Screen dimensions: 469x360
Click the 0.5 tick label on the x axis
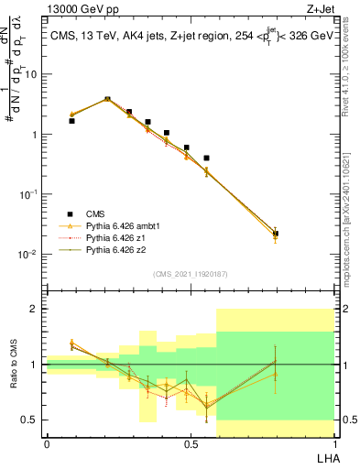click(191, 443)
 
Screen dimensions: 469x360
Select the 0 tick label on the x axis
click(47, 443)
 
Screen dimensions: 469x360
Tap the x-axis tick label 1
click(334, 443)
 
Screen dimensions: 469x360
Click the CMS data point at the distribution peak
click(107, 99)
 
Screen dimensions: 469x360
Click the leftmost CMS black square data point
click(71, 120)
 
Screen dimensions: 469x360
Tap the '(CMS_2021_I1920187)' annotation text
click(190, 274)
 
